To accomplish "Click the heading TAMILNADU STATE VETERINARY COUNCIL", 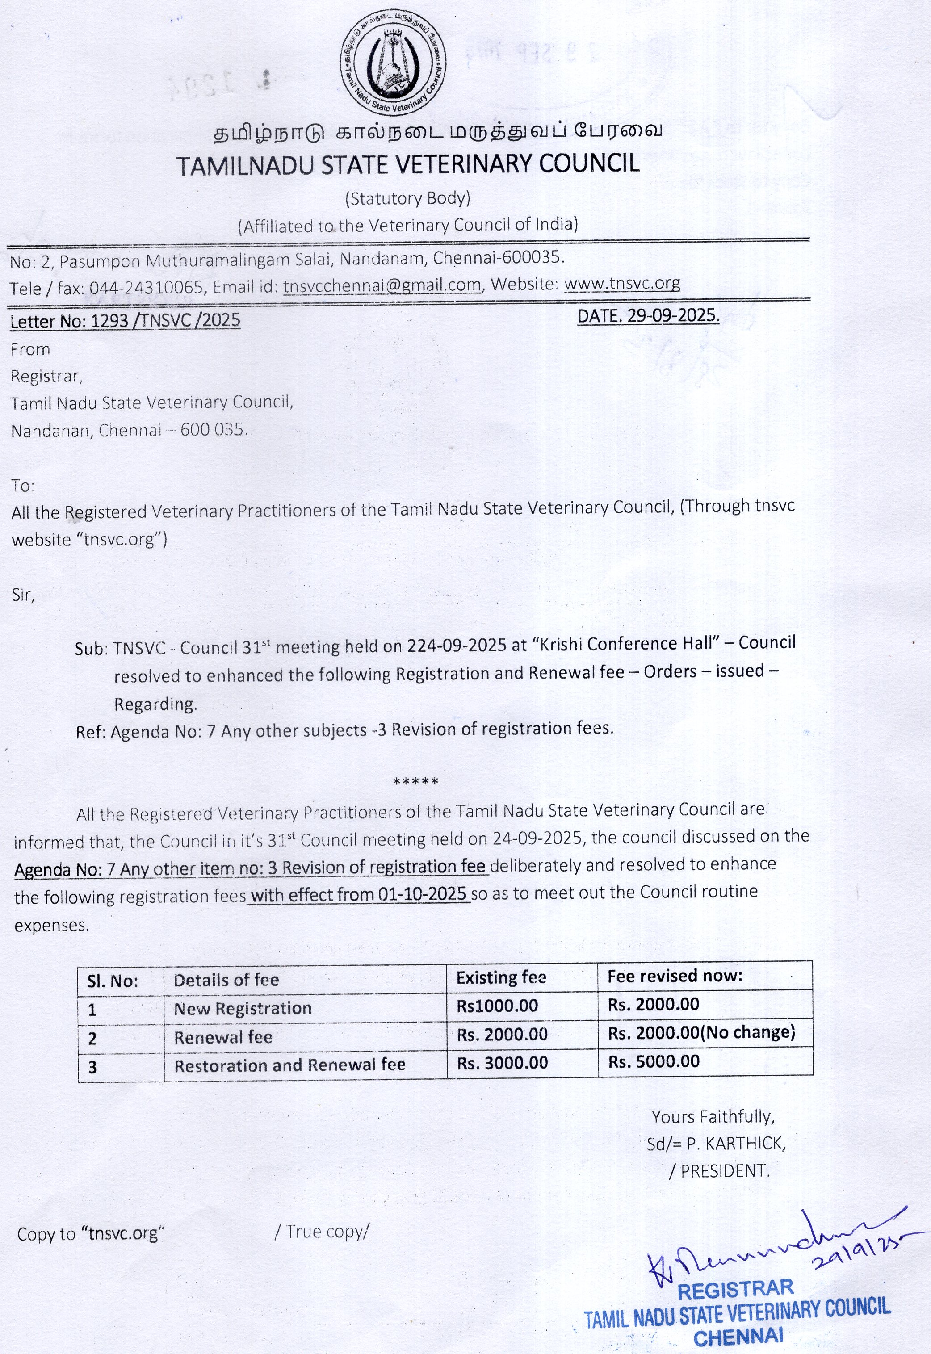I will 408,164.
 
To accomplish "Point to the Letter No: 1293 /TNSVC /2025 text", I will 126,320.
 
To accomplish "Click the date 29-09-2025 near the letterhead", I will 648,315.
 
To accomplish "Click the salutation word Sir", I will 23,595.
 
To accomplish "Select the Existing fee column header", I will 501,978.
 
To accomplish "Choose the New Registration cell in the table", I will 243,1008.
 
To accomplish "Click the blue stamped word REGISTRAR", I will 735,1289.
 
